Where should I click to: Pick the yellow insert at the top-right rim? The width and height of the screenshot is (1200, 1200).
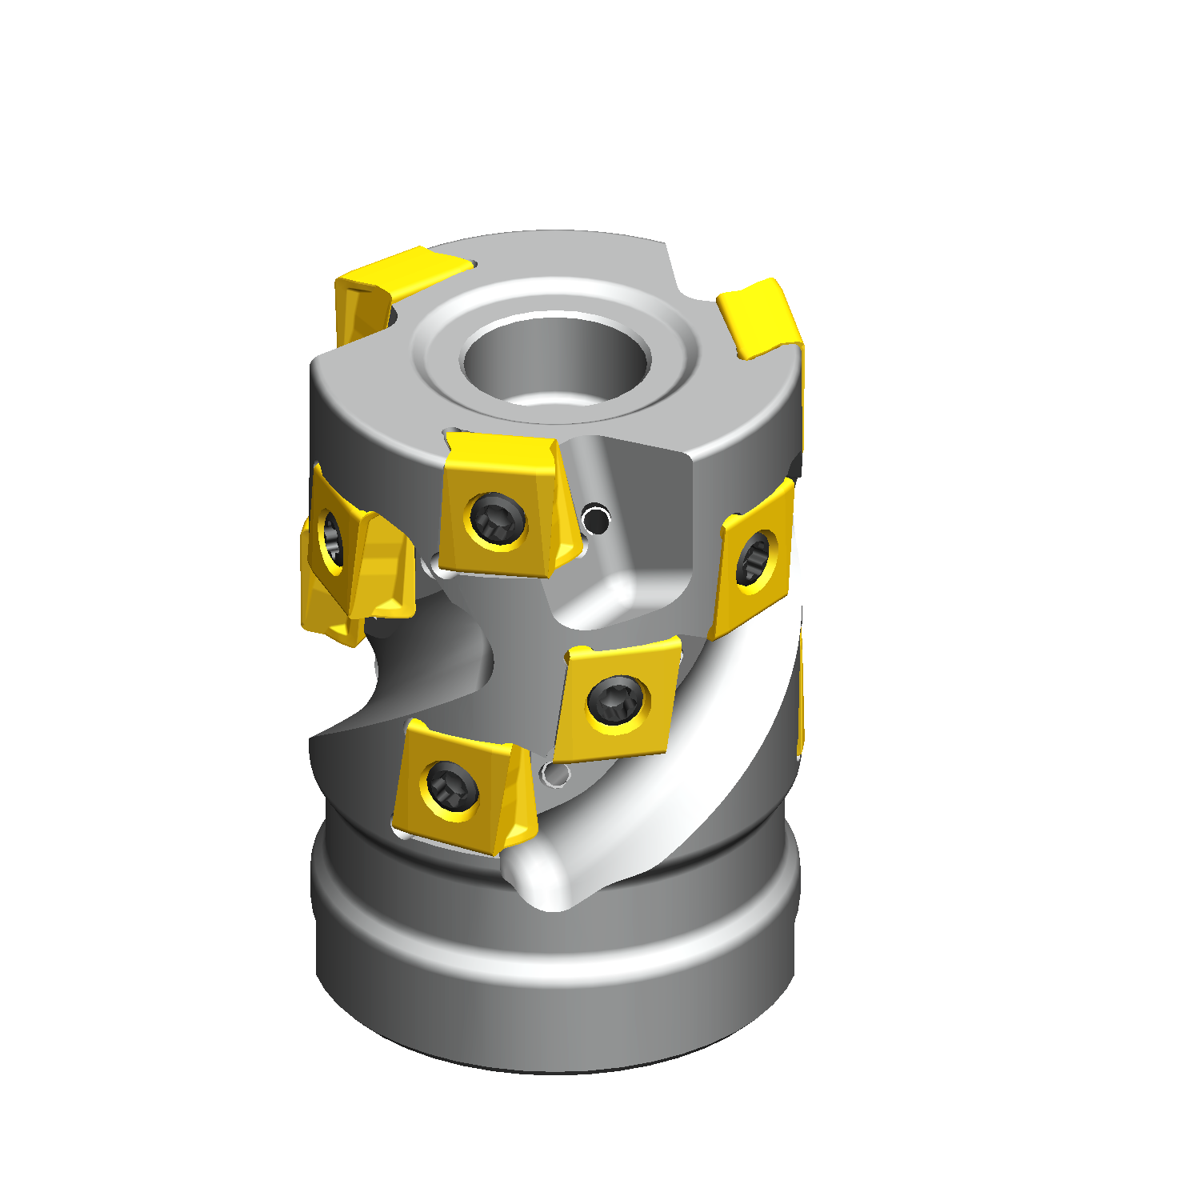[x=760, y=320]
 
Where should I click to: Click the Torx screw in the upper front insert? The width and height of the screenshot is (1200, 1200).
[x=498, y=518]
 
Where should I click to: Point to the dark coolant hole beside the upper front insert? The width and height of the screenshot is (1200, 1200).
[x=597, y=521]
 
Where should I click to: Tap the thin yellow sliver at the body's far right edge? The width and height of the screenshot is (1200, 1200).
[x=800, y=696]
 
